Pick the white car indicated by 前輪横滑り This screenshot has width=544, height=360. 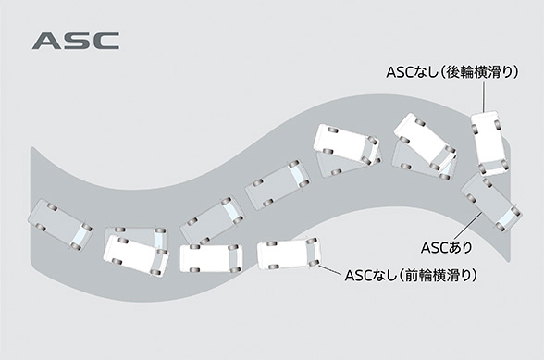[288, 254]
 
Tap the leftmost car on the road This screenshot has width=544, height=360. [60, 223]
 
